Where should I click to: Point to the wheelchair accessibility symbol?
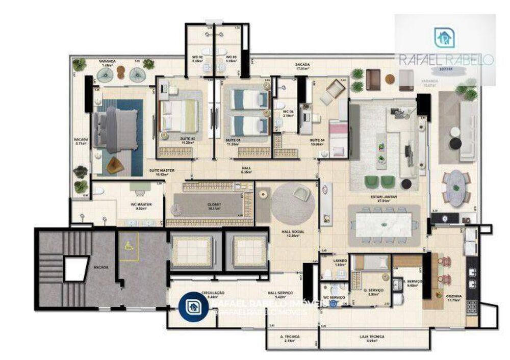(x=128, y=246)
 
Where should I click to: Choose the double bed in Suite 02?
(x=177, y=116)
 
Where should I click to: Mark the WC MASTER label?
(x=139, y=205)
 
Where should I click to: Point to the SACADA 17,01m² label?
(x=302, y=66)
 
